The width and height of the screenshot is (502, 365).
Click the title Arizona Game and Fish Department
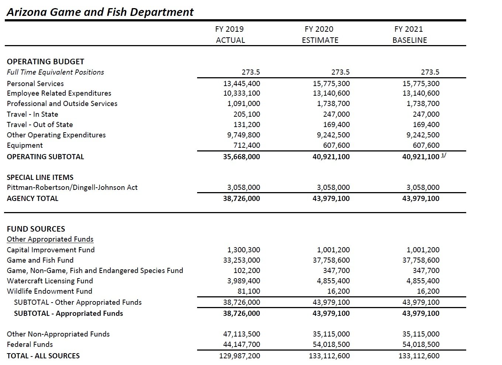(100, 12)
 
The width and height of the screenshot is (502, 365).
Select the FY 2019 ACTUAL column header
(230, 34)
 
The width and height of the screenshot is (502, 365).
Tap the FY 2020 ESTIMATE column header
(320, 34)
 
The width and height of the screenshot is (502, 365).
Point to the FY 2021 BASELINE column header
(409, 34)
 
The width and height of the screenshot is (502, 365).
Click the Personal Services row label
(35, 83)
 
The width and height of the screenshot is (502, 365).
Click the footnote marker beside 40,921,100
(444, 156)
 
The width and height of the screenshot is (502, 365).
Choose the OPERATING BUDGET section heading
(45, 62)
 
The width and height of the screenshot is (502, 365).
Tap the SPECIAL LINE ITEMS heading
(40, 177)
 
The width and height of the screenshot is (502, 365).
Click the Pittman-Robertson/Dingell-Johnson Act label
(72, 188)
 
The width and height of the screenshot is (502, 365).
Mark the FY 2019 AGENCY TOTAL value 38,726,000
(241, 198)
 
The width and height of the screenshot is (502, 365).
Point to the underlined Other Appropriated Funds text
(50, 239)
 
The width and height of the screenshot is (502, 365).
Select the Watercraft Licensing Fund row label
(50, 281)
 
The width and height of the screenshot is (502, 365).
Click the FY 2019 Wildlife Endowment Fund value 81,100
(249, 291)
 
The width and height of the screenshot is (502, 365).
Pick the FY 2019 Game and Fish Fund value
(241, 260)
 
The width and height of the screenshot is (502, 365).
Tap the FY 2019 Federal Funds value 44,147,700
(241, 344)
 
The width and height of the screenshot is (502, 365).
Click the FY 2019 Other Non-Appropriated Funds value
(241, 334)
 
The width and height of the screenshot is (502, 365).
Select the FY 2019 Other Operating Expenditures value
(244, 135)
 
